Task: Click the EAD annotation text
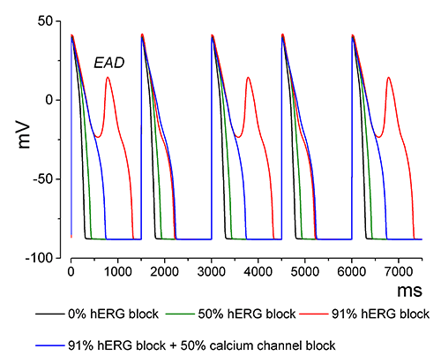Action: pyautogui.click(x=110, y=64)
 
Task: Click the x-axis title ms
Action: pyautogui.click(x=408, y=289)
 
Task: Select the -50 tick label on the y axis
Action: pyautogui.click(x=49, y=178)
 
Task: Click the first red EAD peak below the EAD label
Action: pyautogui.click(x=108, y=77)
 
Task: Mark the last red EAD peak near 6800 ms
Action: pyautogui.click(x=389, y=77)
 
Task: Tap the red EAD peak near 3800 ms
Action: pyautogui.click(x=249, y=77)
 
